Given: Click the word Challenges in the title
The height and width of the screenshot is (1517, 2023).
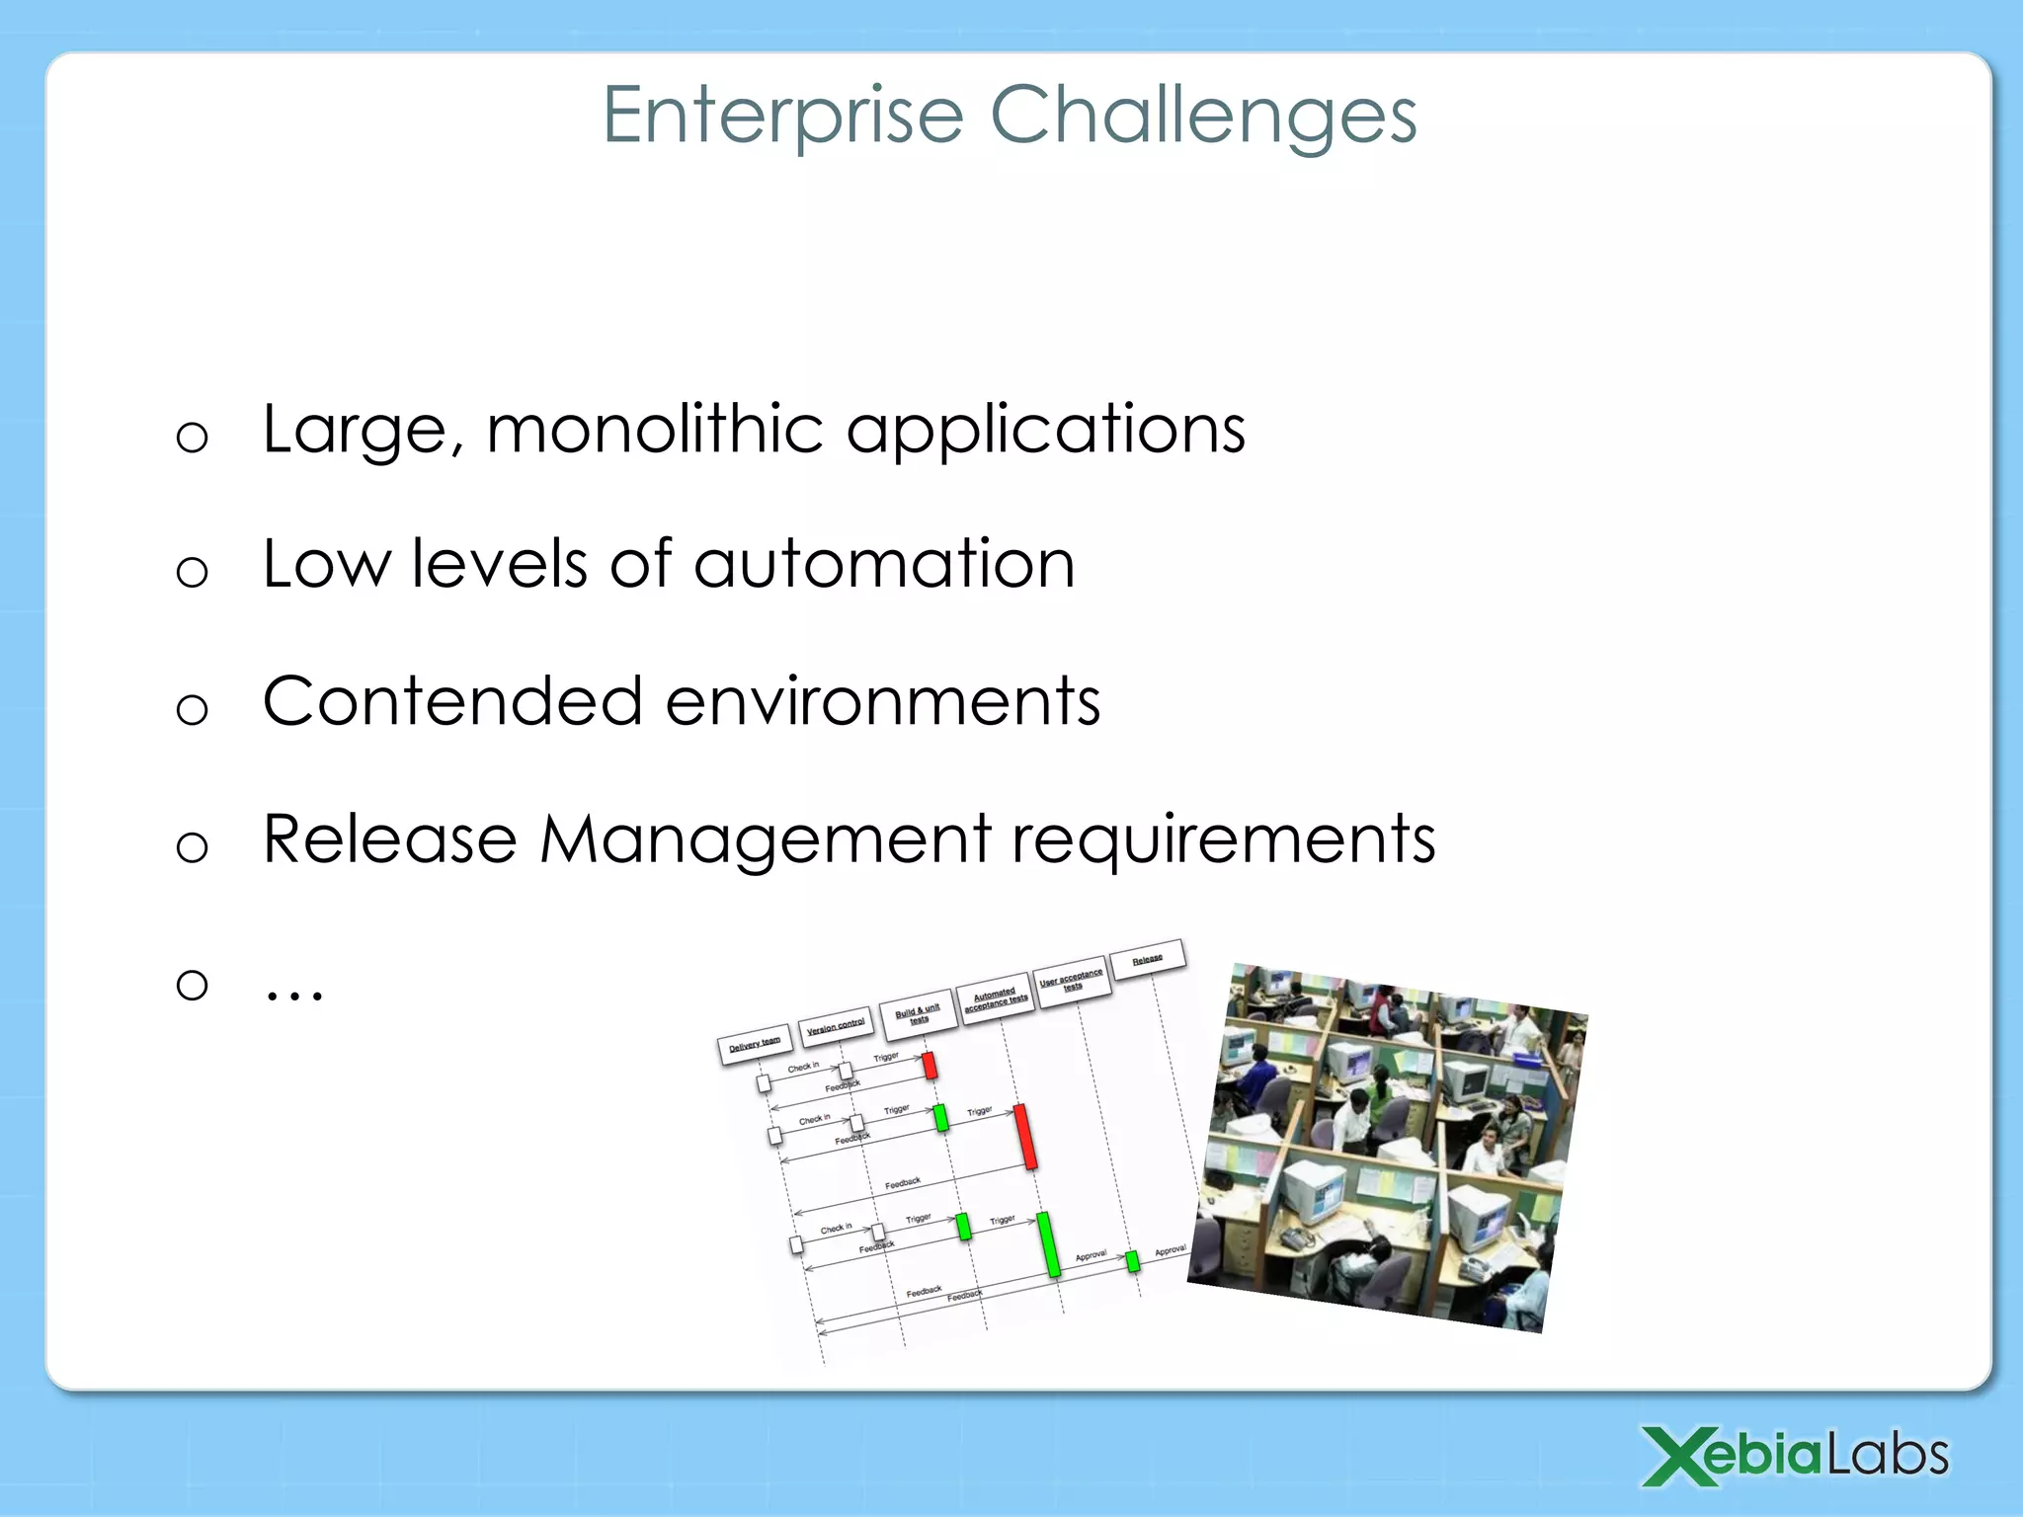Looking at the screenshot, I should pyautogui.click(x=1202, y=117).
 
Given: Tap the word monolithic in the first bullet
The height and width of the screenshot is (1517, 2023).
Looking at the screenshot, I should pyautogui.click(x=655, y=431).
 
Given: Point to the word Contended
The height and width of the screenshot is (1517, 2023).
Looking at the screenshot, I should pyautogui.click(x=452, y=702).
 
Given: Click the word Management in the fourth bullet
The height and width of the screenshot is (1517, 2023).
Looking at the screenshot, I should pyautogui.click(x=766, y=840).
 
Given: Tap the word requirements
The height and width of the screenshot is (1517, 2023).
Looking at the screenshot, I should pyautogui.click(x=1223, y=840).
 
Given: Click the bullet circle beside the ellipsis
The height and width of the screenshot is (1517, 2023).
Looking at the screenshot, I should pyautogui.click(x=192, y=984).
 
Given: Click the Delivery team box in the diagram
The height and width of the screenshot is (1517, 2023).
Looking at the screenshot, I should pyautogui.click(x=755, y=1043).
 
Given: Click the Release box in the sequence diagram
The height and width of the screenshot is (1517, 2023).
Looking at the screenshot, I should pyautogui.click(x=1147, y=959).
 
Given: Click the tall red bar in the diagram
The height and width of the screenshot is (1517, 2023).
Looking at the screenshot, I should pyautogui.click(x=1025, y=1138).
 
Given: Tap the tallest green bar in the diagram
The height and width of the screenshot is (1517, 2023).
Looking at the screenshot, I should pyautogui.click(x=1048, y=1244).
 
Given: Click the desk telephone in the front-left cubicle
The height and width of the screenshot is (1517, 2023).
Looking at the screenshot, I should pyautogui.click(x=1293, y=1238).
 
